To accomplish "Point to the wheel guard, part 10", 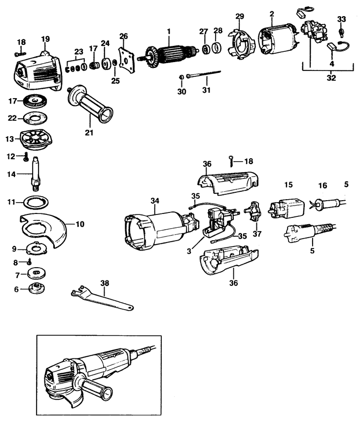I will click(47, 230).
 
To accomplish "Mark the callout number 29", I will click(239, 17).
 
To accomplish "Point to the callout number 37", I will click(256, 233).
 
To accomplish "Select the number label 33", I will click(341, 19).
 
